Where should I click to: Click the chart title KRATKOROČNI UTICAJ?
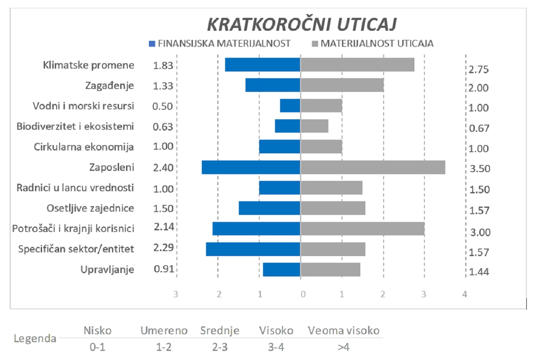click(x=302, y=25)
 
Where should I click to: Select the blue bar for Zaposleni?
click(x=251, y=168)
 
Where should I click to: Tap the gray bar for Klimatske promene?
click(x=357, y=65)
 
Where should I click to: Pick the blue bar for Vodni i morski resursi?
click(x=290, y=106)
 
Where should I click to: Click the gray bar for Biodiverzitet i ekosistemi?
click(x=315, y=126)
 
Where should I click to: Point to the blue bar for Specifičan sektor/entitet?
click(x=253, y=249)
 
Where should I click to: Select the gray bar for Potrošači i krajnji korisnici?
click(x=362, y=229)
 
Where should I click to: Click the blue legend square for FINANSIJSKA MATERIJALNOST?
click(x=152, y=43)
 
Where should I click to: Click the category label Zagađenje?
click(x=110, y=86)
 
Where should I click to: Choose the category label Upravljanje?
click(x=107, y=269)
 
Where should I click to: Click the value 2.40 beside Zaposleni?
click(x=163, y=168)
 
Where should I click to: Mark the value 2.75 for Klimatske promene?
click(x=478, y=69)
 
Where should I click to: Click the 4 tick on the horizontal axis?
click(x=465, y=294)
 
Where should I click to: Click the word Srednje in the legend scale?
click(x=220, y=331)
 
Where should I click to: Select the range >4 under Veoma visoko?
click(x=343, y=347)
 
